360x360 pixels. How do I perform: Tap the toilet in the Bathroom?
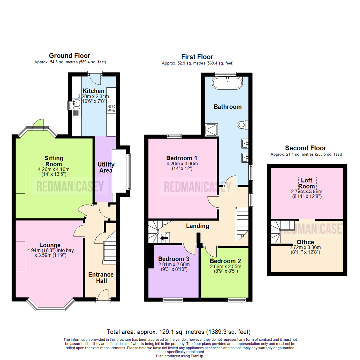point(242,125)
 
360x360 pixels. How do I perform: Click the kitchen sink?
point(76,105)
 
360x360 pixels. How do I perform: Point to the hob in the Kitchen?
point(111,109)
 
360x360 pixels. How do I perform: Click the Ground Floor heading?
point(69,56)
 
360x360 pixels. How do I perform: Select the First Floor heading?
point(197,57)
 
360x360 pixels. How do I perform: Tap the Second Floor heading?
point(305,148)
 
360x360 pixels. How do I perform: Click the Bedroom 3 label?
point(174,259)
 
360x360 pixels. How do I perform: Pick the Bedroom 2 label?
point(225,261)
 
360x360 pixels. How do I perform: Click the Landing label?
point(197,226)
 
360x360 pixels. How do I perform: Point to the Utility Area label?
point(106,167)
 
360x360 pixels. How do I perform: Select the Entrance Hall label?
point(101,278)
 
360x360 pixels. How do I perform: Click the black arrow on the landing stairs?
point(164,238)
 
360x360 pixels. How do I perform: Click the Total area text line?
point(178,332)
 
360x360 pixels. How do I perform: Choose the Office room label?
point(305,242)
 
